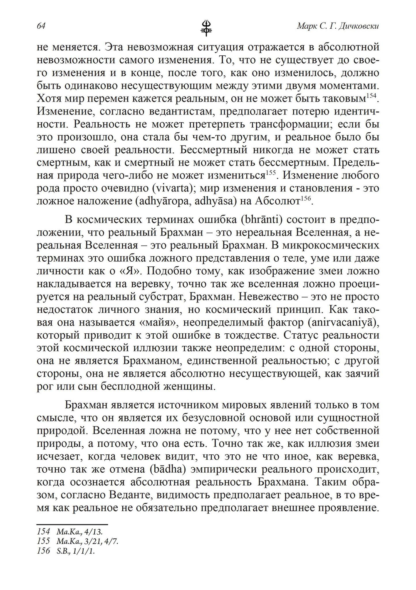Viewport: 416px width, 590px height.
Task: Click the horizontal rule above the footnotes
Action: click(x=72, y=525)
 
